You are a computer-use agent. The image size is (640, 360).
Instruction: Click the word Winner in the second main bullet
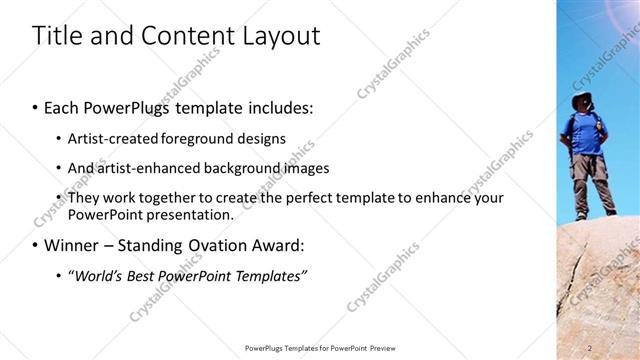73,245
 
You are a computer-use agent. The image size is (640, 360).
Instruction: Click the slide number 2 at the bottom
591,348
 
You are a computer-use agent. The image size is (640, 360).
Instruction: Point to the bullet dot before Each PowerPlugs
36,107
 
